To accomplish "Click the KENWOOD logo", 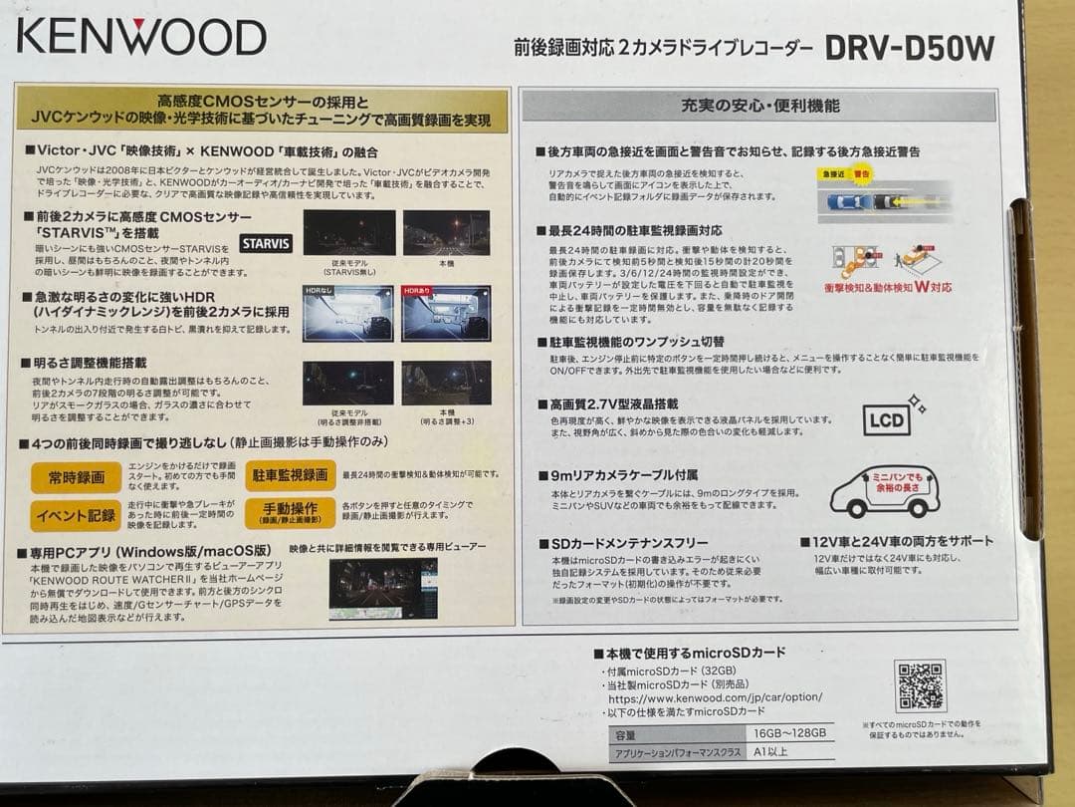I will point(141,37).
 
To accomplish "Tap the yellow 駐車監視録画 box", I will point(290,476).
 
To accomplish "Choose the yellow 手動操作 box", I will point(290,513).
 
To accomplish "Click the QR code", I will point(920,685).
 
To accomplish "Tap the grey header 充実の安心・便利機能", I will point(759,106).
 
